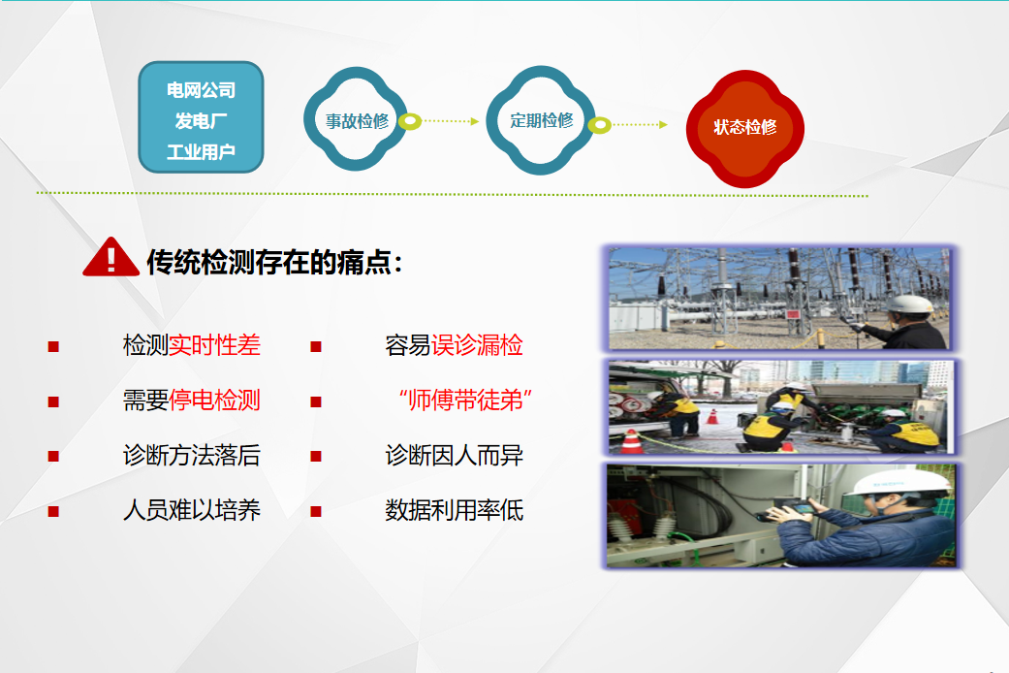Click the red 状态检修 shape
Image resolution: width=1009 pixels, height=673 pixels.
tap(744, 128)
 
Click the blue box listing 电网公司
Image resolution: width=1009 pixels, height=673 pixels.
tap(201, 117)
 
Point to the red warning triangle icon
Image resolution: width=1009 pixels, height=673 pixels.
tap(110, 257)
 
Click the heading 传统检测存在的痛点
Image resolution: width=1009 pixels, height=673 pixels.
tap(274, 262)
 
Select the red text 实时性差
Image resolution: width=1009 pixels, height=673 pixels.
tap(214, 345)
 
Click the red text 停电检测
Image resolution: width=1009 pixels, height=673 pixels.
tap(214, 400)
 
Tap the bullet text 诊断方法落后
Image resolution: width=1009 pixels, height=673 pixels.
tap(192, 456)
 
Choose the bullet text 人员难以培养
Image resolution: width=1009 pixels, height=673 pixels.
tap(192, 510)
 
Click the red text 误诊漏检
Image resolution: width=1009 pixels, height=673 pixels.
tap(477, 345)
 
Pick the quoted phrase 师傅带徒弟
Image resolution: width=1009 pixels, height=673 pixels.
tap(465, 400)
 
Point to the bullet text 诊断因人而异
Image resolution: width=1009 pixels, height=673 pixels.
tap(455, 456)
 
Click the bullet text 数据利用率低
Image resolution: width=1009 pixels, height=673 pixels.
tap(455, 510)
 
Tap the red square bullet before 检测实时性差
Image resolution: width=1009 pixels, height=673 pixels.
tap(53, 346)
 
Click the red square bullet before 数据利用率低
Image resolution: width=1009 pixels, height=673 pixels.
tap(316, 512)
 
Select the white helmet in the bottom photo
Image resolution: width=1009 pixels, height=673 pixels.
tap(899, 481)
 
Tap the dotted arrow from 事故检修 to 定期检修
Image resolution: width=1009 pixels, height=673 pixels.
tap(451, 121)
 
